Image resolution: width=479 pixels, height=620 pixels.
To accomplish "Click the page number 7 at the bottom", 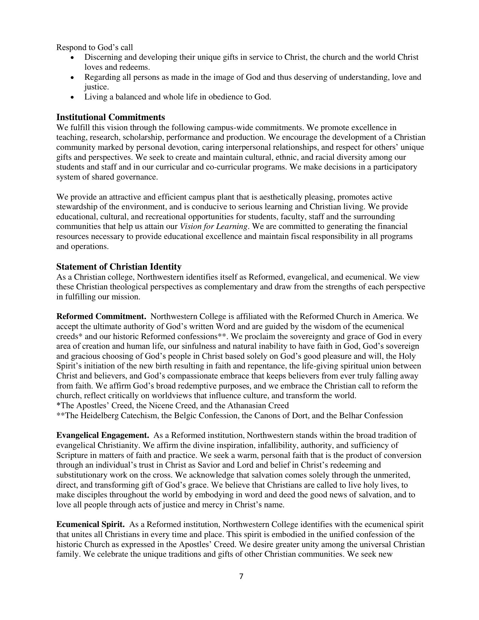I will pos(241,576).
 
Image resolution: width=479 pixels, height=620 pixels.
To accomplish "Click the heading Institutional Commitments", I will pos(110,117).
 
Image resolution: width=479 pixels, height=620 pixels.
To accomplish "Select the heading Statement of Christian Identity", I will pos(119,267).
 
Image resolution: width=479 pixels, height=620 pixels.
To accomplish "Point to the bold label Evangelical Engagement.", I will pos(103,435).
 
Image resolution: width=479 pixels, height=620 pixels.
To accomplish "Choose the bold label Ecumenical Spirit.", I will pos(90,524).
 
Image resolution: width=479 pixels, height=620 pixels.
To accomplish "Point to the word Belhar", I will pos(351,416).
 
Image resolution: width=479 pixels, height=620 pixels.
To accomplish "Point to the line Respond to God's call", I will pos(95,47).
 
